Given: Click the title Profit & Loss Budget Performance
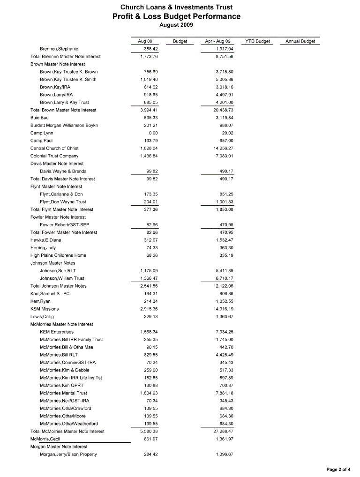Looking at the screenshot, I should point(176,17).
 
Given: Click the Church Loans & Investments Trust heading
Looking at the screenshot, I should point(176,7).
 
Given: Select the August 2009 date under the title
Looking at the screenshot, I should point(176,25).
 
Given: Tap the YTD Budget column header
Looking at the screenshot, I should point(257,41).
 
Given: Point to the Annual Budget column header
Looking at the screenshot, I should point(300,41).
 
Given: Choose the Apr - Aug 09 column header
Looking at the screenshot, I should point(217,41).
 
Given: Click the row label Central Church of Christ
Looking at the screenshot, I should point(54,148).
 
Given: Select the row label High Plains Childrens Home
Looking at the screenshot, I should point(58,255).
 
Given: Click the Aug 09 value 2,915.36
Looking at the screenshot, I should point(149,309).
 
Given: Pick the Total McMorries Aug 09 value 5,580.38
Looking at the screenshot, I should point(149,431).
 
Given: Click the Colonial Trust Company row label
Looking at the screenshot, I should point(54,156).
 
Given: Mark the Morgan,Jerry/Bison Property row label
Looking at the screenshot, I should point(68,454).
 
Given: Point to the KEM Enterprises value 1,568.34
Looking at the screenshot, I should point(149,332).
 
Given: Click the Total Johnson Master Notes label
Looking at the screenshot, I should point(58,286).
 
